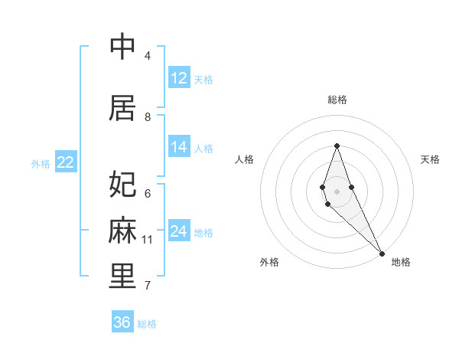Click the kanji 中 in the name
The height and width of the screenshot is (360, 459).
coord(122,48)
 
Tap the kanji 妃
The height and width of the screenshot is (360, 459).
coord(122,185)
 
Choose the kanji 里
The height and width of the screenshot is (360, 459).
coord(122,277)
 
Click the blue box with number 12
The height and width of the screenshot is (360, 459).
coord(179,78)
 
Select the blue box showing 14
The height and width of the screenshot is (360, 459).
coord(179,147)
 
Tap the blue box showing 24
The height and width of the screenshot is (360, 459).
coord(179,231)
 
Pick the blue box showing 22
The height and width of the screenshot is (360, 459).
coord(66,162)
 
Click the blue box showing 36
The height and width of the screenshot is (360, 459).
coord(122,322)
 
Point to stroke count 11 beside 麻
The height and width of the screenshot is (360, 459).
coord(148,240)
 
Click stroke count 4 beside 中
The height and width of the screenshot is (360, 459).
coord(148,56)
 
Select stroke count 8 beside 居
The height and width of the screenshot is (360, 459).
coord(148,116)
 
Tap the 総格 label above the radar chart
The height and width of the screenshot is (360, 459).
coord(337,100)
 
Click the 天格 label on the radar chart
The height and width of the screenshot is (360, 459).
coord(430,159)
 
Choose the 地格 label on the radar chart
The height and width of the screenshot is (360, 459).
coord(401,262)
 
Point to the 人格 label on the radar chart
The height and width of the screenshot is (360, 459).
coord(244,159)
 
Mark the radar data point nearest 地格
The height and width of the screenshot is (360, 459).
coord(382,253)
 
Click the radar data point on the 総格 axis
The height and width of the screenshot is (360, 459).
coord(337,146)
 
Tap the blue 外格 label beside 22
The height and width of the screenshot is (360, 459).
coord(41,163)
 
